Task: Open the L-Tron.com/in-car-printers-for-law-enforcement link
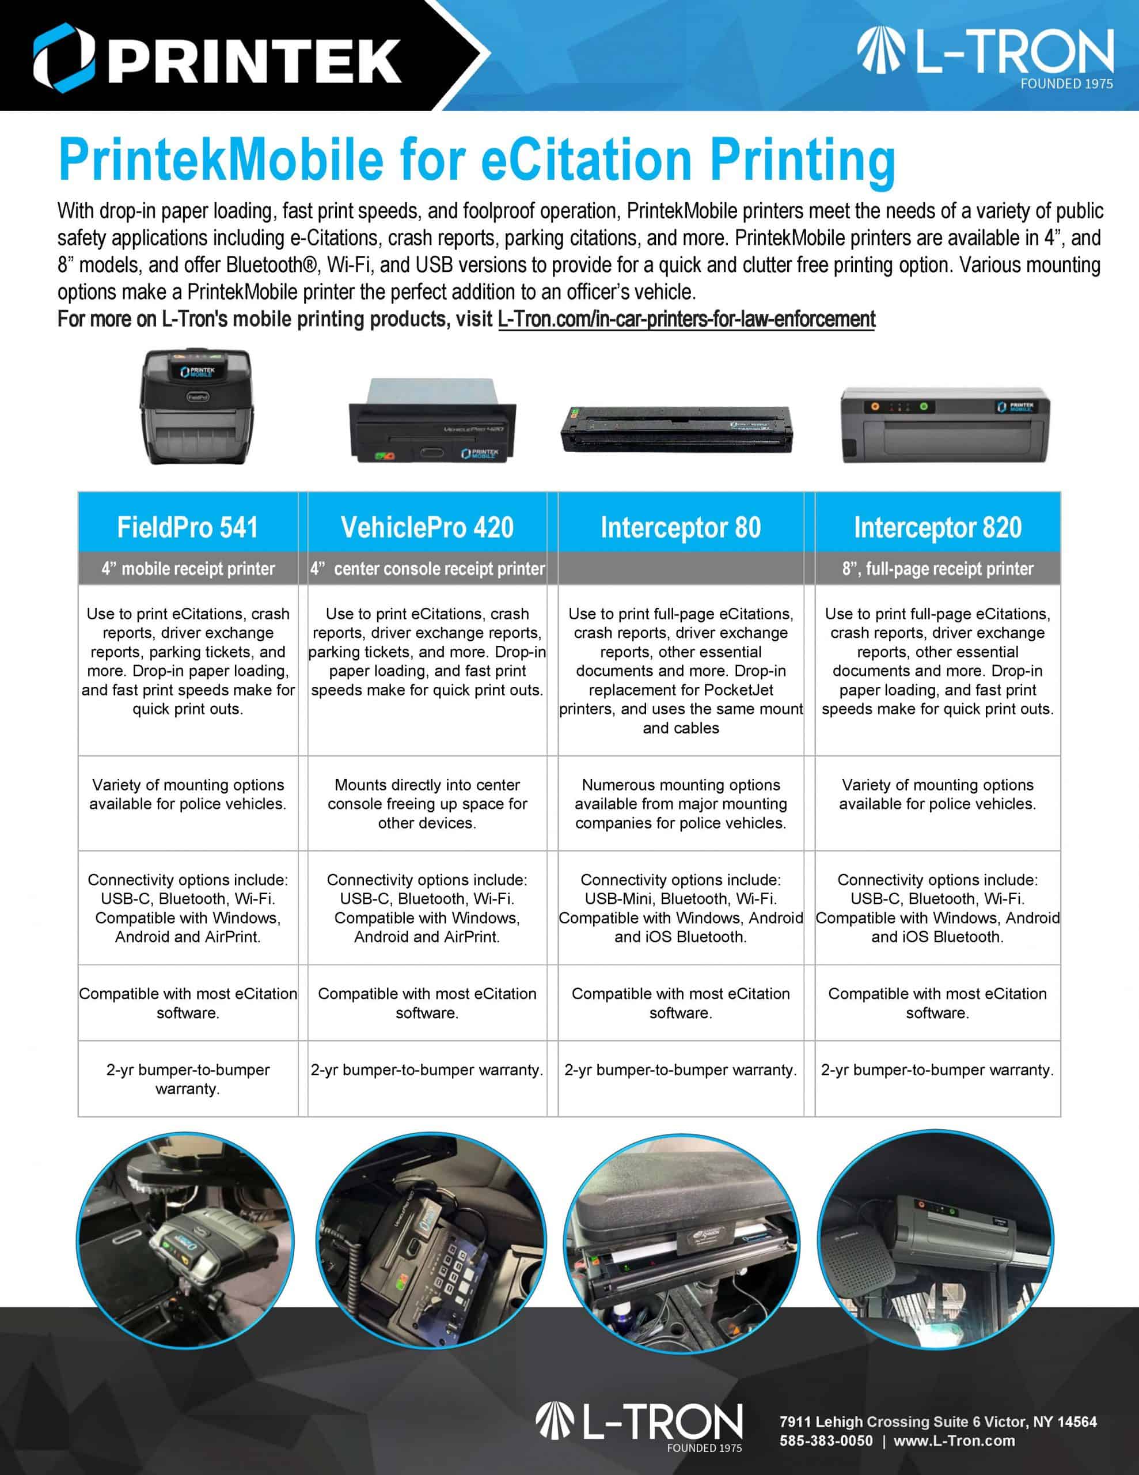686,319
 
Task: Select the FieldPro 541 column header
188,527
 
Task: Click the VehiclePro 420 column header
427,527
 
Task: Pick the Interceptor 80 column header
681,527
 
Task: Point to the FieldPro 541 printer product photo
196,407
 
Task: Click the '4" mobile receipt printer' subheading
188,569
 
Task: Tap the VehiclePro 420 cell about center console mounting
427,804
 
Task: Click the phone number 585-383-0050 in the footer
826,1440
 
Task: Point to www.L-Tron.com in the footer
954,1440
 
